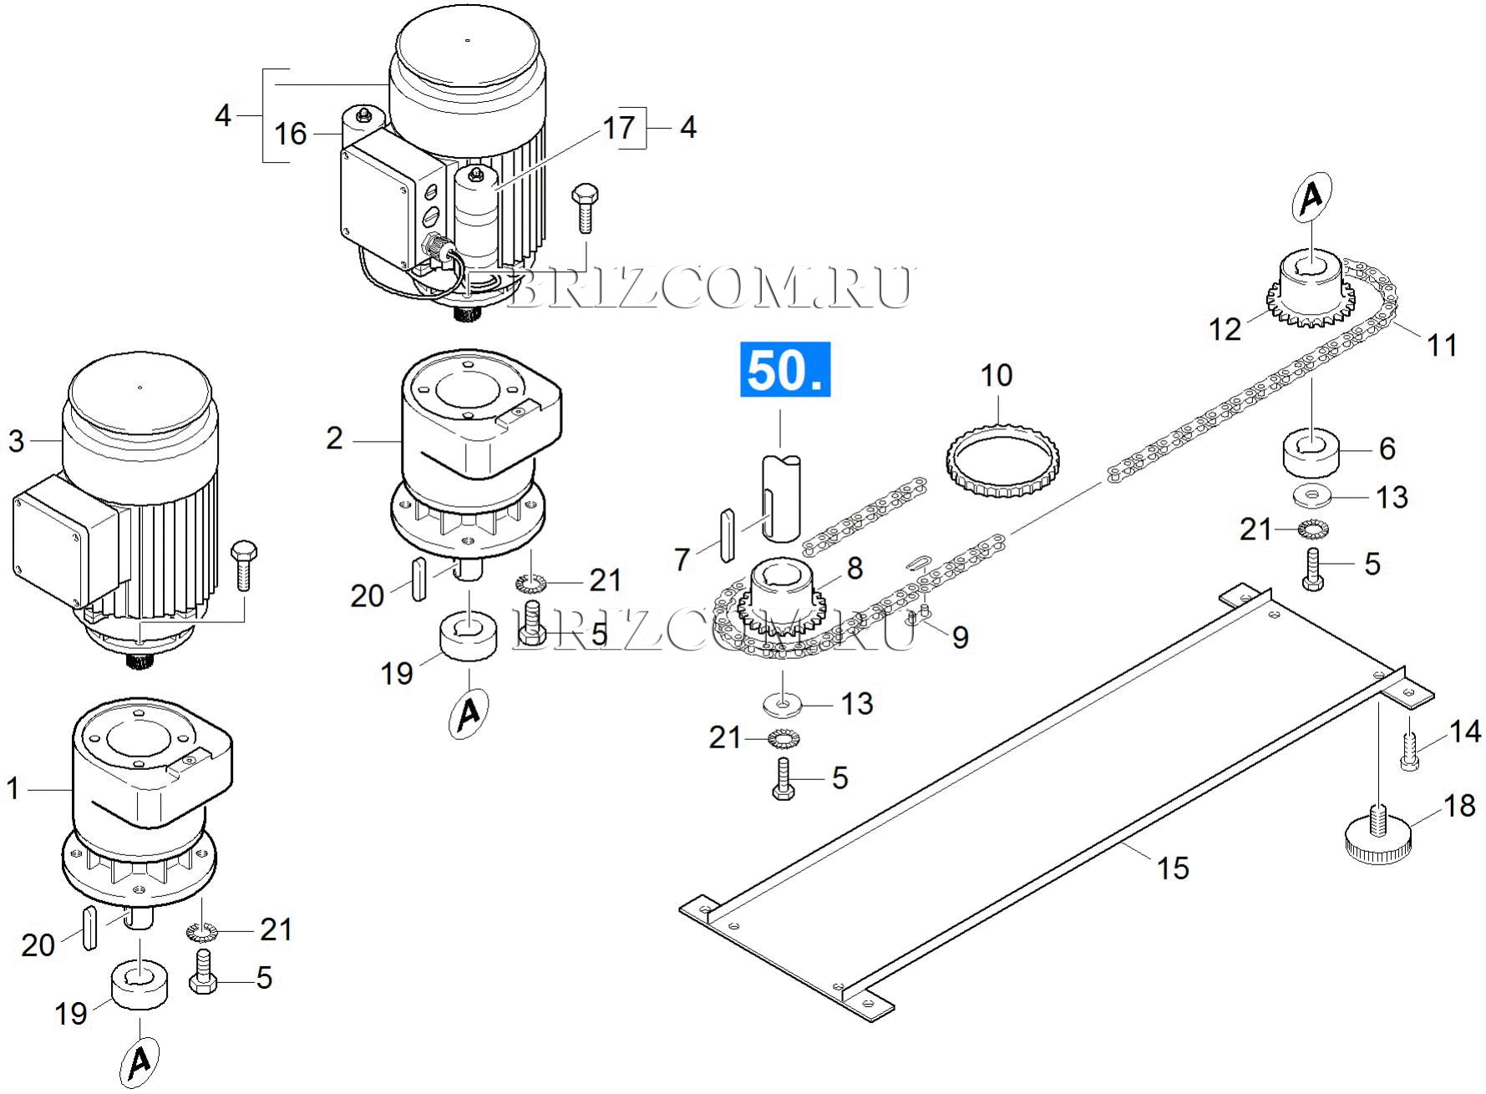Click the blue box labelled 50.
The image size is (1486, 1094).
click(x=785, y=368)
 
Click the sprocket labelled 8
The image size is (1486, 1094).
click(x=782, y=597)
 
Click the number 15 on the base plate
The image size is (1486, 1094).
click(x=1173, y=868)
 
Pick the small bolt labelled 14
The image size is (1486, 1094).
click(x=1409, y=751)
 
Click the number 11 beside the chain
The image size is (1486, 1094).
click(x=1442, y=345)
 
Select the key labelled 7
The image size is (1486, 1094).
click(x=727, y=533)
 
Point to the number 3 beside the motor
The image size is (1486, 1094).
click(x=17, y=441)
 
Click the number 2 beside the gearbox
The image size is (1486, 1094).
click(x=334, y=438)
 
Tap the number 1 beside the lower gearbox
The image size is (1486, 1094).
click(x=13, y=788)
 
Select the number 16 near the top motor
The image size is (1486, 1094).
click(x=292, y=134)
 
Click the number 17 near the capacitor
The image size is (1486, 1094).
click(x=619, y=128)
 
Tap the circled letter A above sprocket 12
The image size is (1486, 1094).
click(x=1311, y=197)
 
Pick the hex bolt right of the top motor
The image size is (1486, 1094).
click(x=584, y=208)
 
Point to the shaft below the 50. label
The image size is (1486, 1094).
click(x=782, y=498)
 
